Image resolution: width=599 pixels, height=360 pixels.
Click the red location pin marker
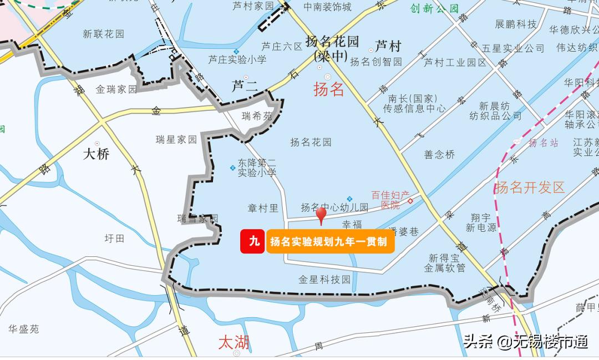(x=321, y=215)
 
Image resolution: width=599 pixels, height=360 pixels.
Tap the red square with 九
(x=253, y=241)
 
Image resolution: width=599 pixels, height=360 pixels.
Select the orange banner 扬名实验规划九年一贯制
(x=331, y=242)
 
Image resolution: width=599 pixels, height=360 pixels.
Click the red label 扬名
(x=329, y=89)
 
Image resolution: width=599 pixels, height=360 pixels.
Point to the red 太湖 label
(x=233, y=342)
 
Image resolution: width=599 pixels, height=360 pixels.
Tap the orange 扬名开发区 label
(x=530, y=187)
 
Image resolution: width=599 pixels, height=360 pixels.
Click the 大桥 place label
(x=96, y=154)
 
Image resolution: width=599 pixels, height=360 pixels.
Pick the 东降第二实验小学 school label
(x=257, y=168)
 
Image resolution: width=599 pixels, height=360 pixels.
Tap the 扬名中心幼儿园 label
(x=334, y=207)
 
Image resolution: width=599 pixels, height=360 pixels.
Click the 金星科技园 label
(x=324, y=280)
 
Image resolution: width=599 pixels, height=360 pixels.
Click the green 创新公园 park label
(x=435, y=8)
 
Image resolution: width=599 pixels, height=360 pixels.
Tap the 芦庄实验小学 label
(x=237, y=59)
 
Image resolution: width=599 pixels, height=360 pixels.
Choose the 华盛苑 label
(x=23, y=329)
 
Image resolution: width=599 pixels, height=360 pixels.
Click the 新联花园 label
(x=104, y=34)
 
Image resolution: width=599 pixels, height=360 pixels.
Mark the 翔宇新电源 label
(x=481, y=222)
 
